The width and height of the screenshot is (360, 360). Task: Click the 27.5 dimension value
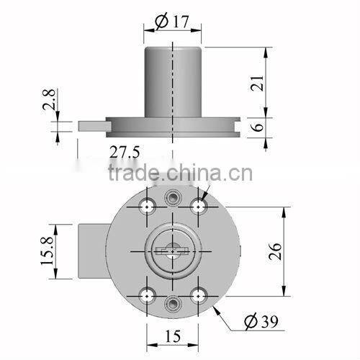tap(124, 151)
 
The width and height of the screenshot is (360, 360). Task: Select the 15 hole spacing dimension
tap(173, 336)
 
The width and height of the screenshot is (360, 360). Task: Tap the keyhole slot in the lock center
tap(173, 251)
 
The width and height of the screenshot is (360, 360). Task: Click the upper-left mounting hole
tap(147, 207)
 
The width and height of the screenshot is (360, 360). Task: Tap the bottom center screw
tap(173, 302)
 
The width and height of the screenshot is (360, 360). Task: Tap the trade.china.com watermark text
tap(179, 174)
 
